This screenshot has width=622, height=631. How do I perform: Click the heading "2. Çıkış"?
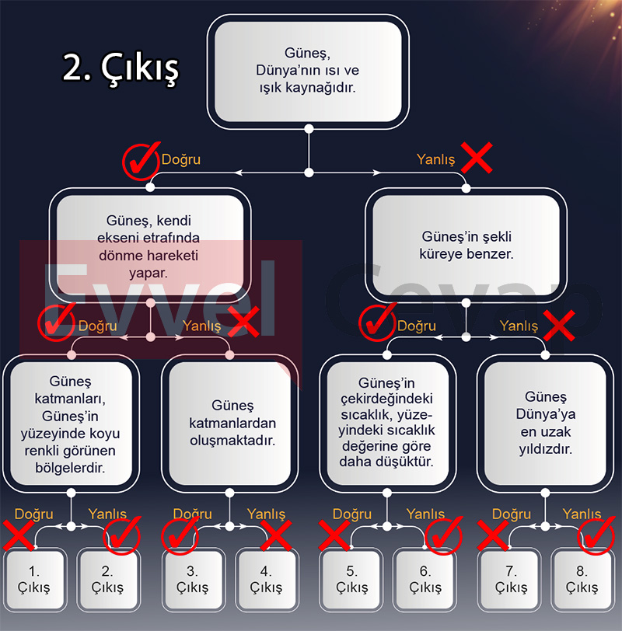(x=121, y=68)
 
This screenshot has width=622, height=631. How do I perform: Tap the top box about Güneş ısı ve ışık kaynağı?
(x=308, y=72)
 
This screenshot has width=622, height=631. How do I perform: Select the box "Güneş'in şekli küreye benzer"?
(x=466, y=246)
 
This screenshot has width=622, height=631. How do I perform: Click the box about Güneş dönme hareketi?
(x=150, y=246)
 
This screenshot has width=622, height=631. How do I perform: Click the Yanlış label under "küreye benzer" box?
(x=519, y=326)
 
